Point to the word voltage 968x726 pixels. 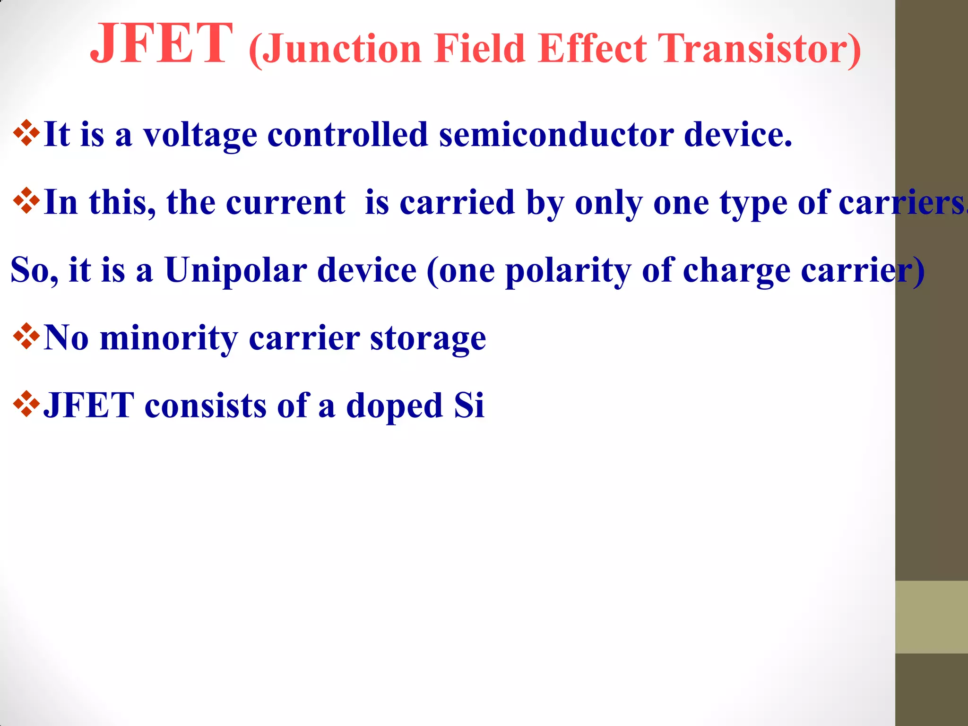click(x=200, y=136)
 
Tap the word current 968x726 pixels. click(x=285, y=203)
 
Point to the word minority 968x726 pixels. click(x=169, y=338)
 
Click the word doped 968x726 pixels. click(x=395, y=406)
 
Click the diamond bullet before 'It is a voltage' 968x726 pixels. click(x=26, y=133)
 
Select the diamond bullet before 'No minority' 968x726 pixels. click(x=26, y=337)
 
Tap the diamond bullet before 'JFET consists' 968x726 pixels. click(x=26, y=404)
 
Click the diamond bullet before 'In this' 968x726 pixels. click(x=26, y=201)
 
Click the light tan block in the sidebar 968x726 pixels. click(x=931, y=617)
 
